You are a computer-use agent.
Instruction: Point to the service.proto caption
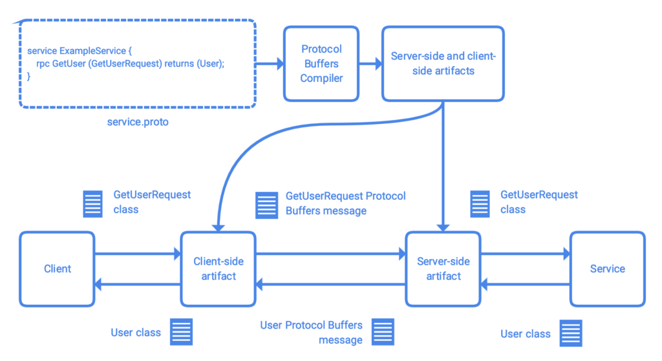[x=138, y=122]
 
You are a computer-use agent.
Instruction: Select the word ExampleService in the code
[x=92, y=51]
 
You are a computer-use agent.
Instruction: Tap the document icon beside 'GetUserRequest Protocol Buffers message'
[x=266, y=205]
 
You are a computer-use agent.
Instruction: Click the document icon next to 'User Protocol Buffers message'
[x=383, y=332]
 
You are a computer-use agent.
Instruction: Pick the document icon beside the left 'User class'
[x=181, y=332]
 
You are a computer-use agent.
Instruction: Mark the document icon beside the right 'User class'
[x=571, y=333]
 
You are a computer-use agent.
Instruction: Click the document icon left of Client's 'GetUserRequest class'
[x=92, y=204]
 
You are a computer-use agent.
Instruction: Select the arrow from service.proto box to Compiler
[x=270, y=64]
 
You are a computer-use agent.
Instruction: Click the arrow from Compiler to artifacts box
[x=370, y=64]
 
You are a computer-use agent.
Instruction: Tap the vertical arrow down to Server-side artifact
[x=443, y=167]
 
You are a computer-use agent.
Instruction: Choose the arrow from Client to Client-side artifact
[x=138, y=254]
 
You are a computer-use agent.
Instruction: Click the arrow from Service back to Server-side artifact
[x=526, y=284]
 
